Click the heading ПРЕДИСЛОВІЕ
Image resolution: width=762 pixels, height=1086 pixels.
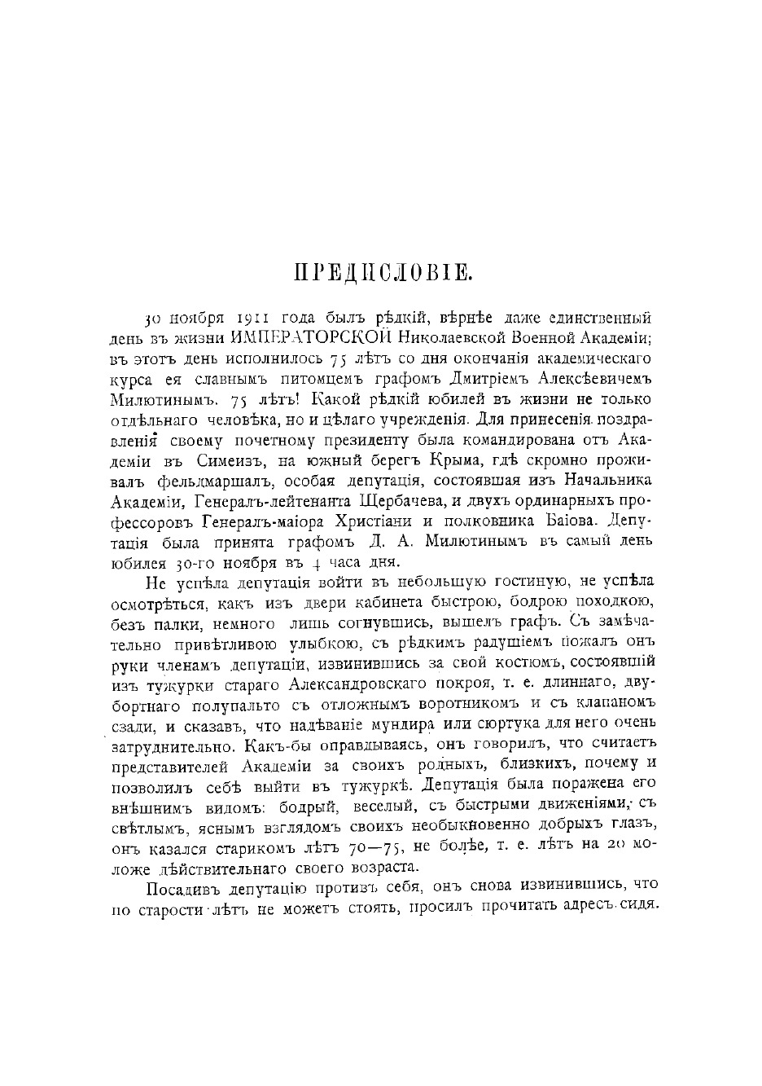tap(382, 273)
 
